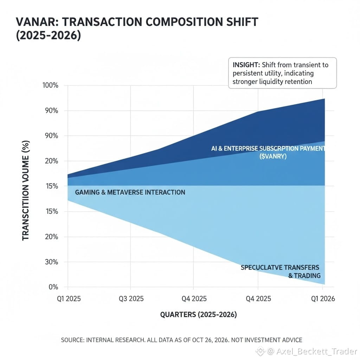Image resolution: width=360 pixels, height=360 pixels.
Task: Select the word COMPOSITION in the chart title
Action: point(181,22)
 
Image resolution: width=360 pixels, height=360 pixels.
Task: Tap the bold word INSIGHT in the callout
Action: point(246,65)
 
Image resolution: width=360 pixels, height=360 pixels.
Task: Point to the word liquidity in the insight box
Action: point(273,82)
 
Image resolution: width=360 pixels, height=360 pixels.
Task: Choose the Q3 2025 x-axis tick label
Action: point(130,299)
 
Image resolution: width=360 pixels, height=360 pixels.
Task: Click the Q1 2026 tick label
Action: point(322,299)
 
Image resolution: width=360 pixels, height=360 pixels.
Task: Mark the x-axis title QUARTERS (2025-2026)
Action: point(198,315)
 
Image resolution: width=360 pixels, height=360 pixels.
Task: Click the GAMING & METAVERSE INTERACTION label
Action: point(130,192)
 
